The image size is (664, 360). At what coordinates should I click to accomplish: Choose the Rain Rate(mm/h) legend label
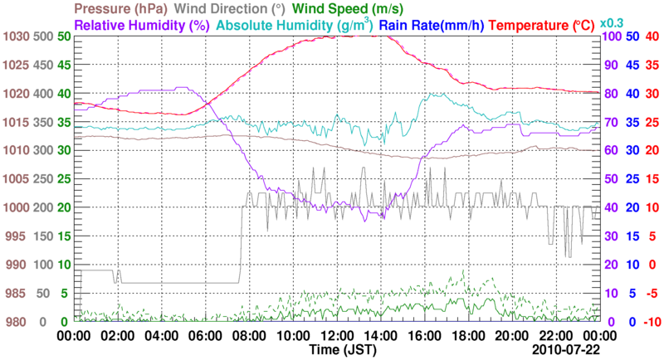[431, 25]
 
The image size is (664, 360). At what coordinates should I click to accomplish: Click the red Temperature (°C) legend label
[543, 25]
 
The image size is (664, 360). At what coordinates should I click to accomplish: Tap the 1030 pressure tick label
[17, 36]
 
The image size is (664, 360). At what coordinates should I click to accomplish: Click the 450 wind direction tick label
[45, 65]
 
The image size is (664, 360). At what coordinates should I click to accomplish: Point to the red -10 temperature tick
[650, 322]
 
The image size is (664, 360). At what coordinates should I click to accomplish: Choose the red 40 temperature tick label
[652, 36]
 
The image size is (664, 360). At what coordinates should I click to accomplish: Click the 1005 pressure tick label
[17, 179]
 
